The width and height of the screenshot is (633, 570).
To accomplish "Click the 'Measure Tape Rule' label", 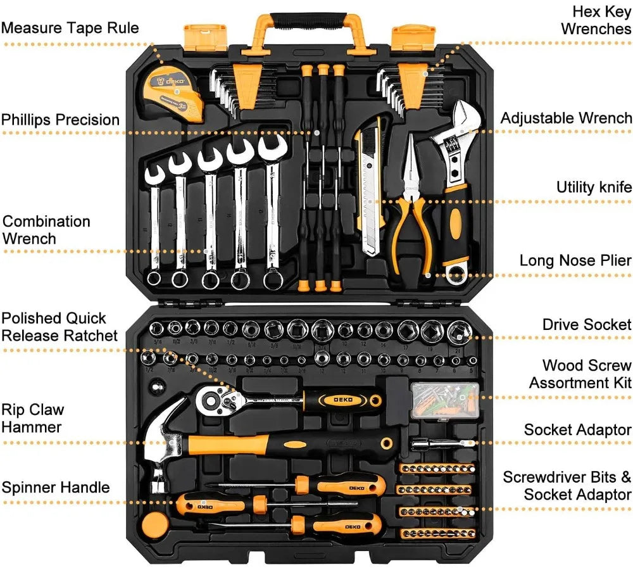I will [70, 28].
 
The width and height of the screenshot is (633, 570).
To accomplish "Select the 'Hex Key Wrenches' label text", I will [595, 20].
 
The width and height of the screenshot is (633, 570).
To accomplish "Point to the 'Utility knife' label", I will [594, 187].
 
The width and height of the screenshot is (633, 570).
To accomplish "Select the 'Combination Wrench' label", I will [46, 230].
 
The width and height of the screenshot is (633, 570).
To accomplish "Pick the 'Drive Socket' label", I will [587, 324].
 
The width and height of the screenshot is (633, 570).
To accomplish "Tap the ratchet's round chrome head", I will [213, 398].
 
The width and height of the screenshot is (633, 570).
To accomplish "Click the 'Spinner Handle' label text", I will [56, 487].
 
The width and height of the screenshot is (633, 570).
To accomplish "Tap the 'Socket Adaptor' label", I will [577, 429].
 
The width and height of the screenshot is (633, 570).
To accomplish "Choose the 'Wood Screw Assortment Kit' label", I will [580, 374].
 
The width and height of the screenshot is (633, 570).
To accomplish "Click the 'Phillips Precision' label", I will [60, 120].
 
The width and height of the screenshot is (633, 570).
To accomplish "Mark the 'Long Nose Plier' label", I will [575, 260].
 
